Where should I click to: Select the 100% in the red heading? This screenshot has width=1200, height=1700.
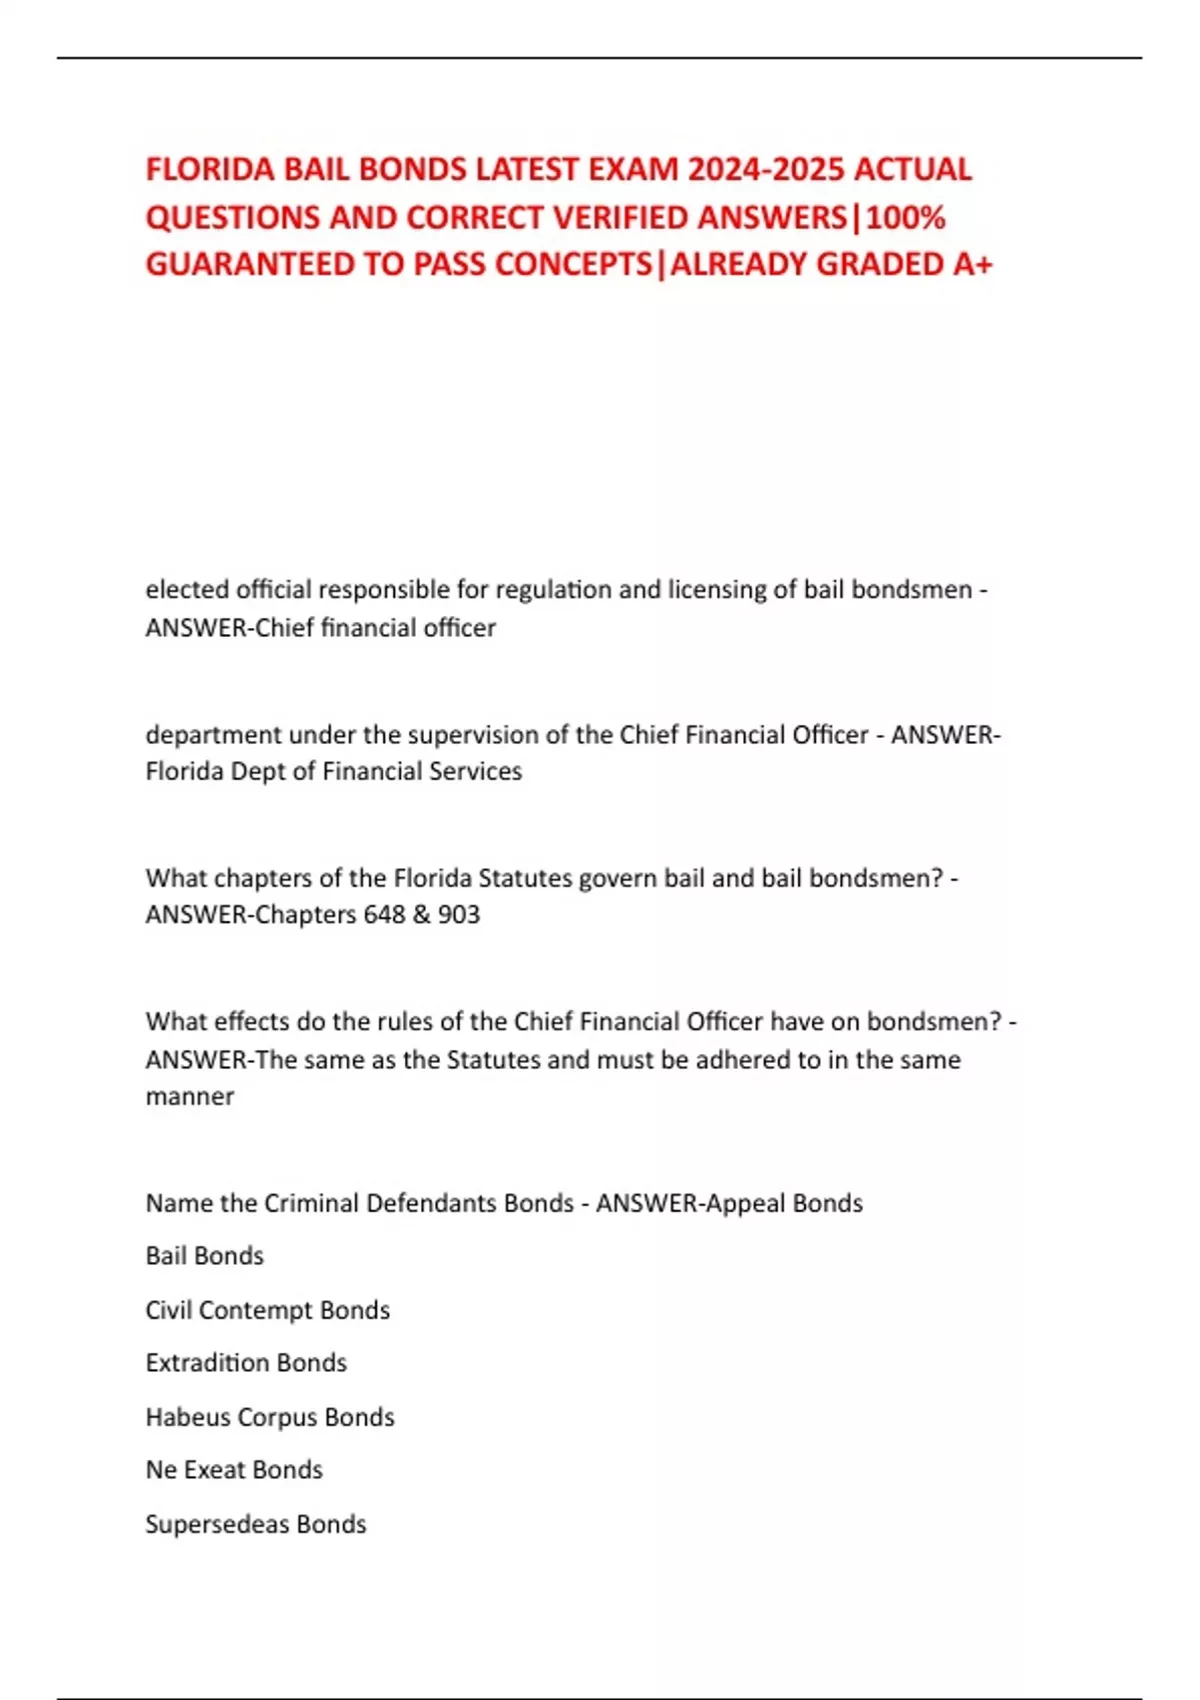tap(906, 217)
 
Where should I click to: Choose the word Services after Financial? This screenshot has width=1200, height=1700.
tap(475, 771)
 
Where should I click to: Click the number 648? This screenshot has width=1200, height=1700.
tap(384, 914)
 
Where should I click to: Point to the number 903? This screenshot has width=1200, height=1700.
tap(459, 914)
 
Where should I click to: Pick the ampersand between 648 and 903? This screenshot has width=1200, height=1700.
tap(421, 914)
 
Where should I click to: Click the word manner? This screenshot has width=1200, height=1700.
tap(190, 1096)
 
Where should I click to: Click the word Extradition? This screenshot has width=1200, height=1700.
tap(207, 1363)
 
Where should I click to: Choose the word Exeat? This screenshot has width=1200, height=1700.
tap(214, 1470)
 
